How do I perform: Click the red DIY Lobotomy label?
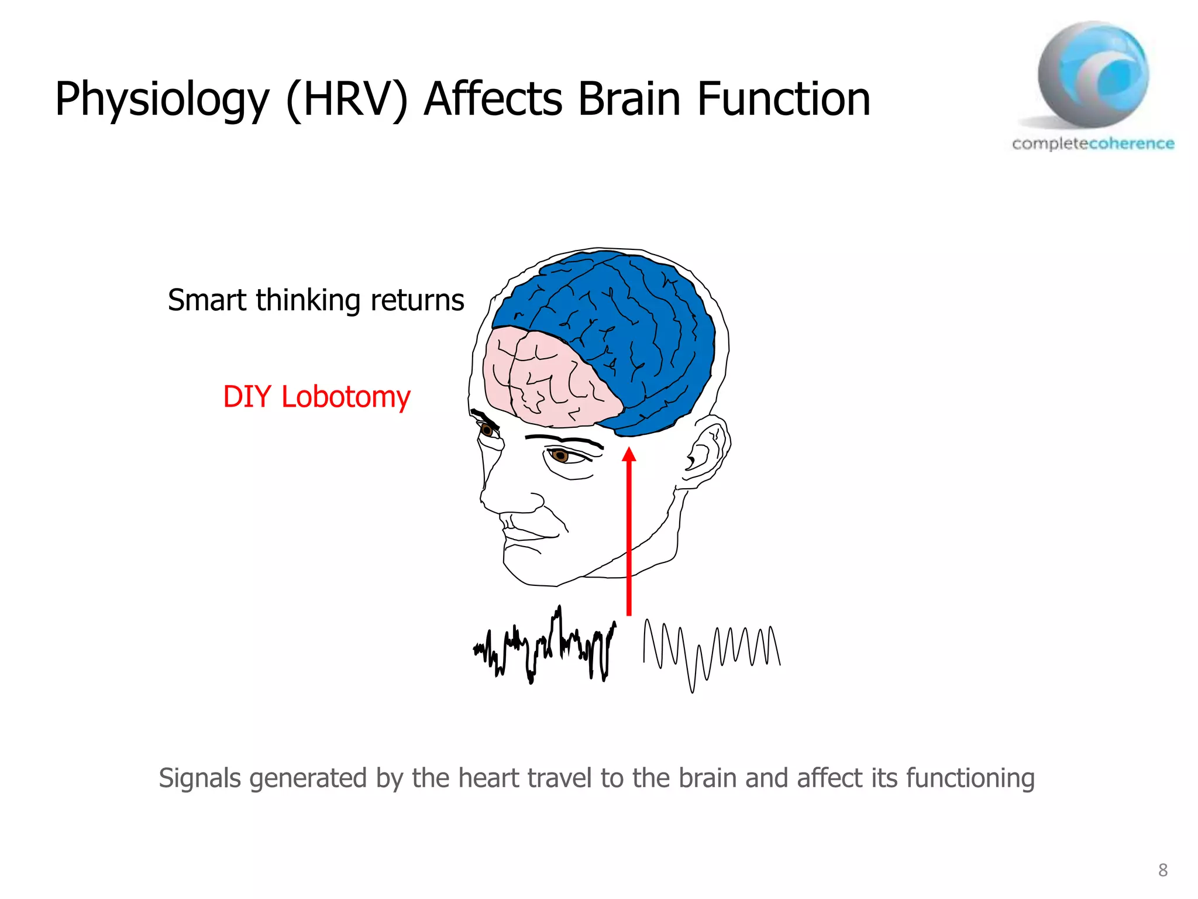(316, 397)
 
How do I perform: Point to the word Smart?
(206, 300)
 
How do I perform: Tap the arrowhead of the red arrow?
(629, 455)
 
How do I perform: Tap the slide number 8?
(1163, 870)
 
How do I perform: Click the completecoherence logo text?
(1093, 143)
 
